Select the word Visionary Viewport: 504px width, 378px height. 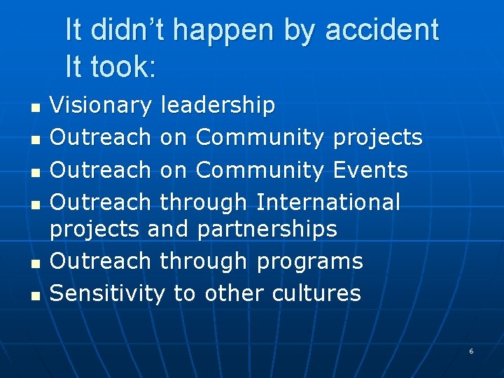(x=101, y=106)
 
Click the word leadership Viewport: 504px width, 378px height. (x=218, y=106)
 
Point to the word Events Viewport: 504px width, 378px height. (x=370, y=170)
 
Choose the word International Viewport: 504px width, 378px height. (x=328, y=202)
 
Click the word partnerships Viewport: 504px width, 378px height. (x=267, y=229)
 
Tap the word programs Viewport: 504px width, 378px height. (x=309, y=261)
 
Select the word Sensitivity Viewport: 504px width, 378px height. (x=107, y=293)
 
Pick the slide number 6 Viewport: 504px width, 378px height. (x=471, y=351)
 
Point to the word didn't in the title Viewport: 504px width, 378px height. (x=127, y=30)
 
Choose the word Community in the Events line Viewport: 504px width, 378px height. (x=260, y=170)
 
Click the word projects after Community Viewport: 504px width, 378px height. (x=378, y=138)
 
